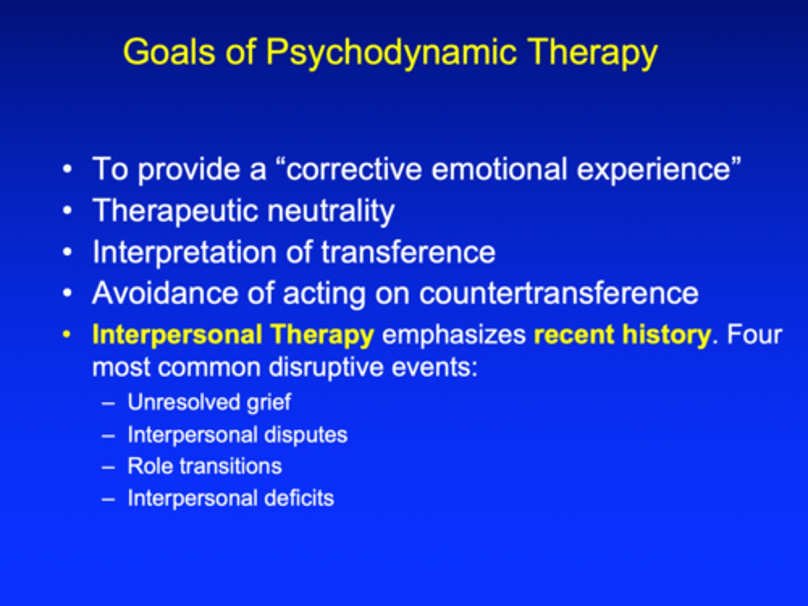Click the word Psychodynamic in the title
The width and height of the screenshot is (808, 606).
[391, 53]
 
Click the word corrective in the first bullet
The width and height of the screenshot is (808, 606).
[354, 169]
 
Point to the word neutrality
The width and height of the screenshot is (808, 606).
[330, 211]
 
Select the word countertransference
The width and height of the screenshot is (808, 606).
[558, 293]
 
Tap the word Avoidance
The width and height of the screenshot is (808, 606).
[183, 293]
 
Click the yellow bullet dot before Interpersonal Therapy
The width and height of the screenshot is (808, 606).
[67, 335]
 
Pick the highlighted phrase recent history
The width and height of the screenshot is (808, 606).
[622, 335]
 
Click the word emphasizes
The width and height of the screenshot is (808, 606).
[453, 335]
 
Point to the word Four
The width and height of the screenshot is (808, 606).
[754, 335]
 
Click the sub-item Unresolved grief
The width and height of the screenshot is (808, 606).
[209, 402]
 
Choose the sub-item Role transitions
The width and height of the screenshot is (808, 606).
[204, 466]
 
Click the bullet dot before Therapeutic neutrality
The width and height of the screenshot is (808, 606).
[67, 212]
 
